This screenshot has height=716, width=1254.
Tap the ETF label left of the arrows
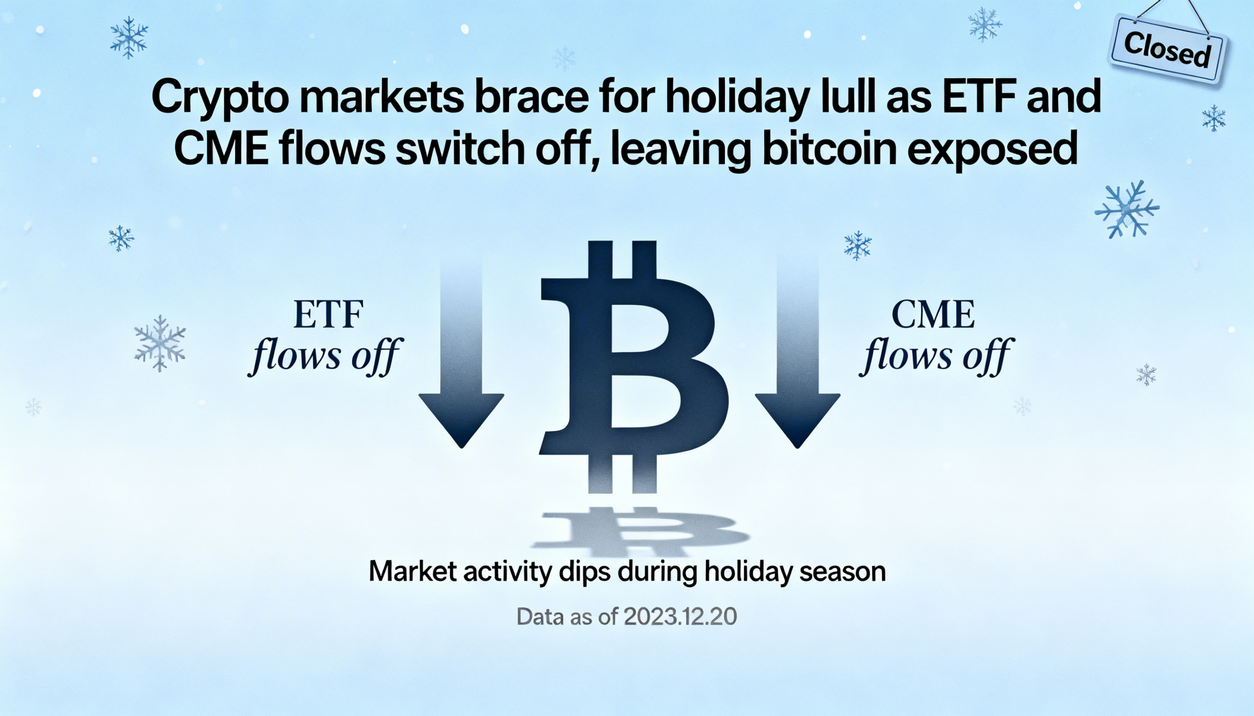click(x=328, y=315)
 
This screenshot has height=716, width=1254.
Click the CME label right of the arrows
click(x=933, y=315)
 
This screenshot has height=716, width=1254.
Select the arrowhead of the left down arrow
click(x=461, y=418)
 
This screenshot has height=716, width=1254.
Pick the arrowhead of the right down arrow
click(x=797, y=418)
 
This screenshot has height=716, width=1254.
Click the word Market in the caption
click(x=412, y=572)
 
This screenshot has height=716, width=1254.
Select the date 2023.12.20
click(x=681, y=617)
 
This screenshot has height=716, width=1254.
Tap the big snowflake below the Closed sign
click(x=1127, y=209)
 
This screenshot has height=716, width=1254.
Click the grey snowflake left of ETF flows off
click(x=160, y=343)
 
